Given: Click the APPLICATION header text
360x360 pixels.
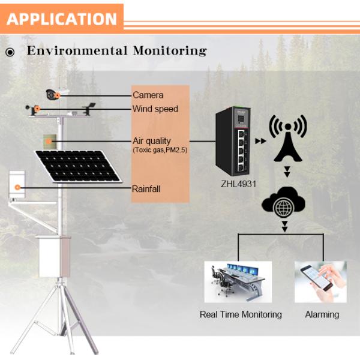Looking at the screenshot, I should click(62, 18).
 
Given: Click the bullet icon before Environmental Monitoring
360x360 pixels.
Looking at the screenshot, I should click(10, 52).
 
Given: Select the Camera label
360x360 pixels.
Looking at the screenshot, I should click(148, 95).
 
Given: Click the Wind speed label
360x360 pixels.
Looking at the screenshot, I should click(155, 109).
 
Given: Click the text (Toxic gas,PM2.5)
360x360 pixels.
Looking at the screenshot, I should click(160, 150).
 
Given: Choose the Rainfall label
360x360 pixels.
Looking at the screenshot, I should click(146, 189).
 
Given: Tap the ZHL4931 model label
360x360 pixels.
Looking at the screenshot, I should click(238, 184).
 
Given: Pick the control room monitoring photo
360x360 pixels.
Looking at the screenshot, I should click(238, 281).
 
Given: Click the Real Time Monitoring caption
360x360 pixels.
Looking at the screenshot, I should click(240, 314).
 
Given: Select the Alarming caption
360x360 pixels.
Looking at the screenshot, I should click(322, 314).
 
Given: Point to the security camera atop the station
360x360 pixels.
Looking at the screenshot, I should click(56, 94).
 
